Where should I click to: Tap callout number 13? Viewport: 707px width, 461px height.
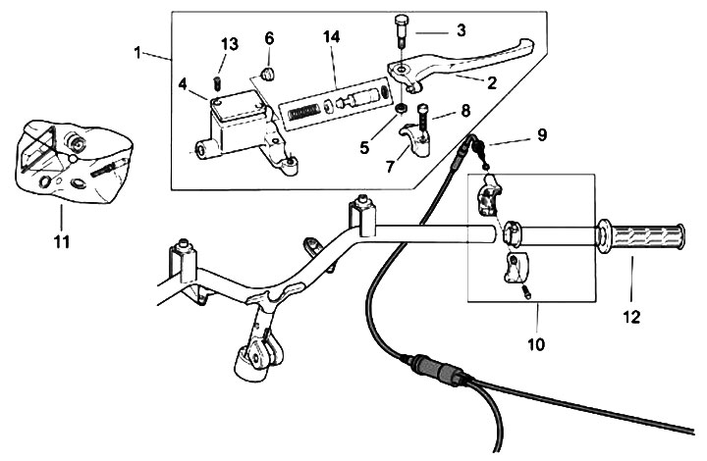coord(228,44)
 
